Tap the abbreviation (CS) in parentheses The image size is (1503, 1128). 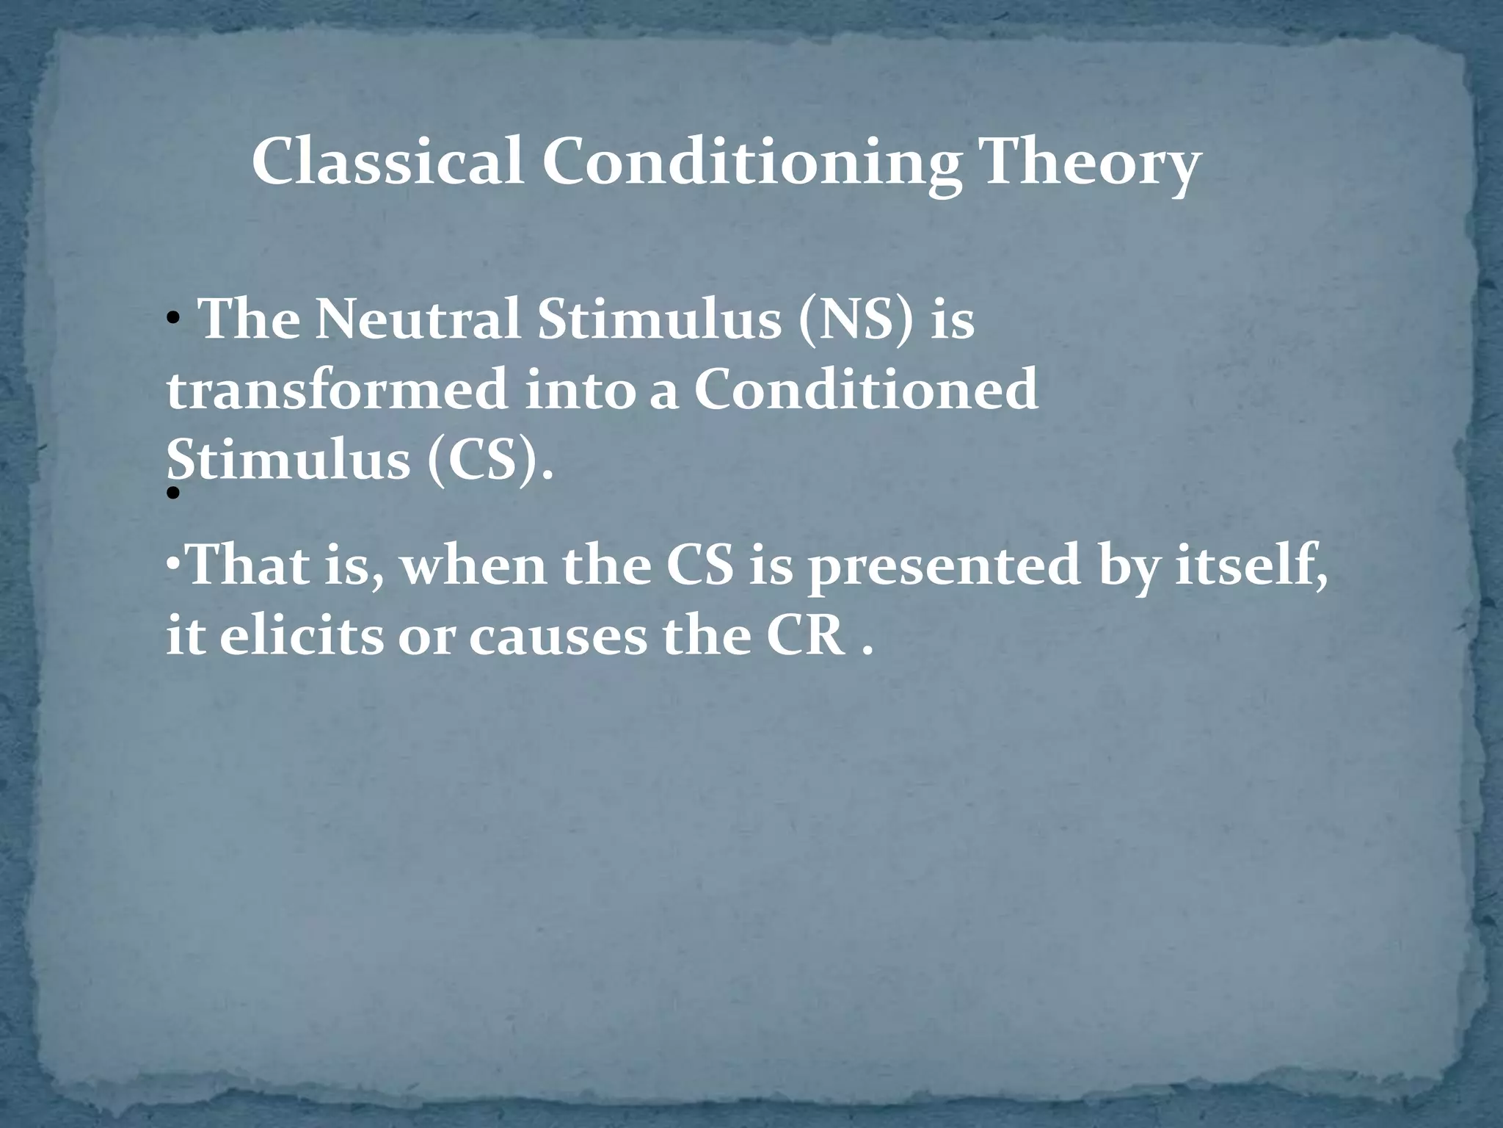(488, 461)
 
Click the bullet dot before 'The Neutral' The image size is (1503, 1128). (172, 320)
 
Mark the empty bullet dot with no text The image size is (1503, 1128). (173, 494)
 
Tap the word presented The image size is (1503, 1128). (943, 567)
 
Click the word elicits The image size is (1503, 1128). (301, 636)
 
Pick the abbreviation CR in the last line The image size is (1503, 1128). (805, 636)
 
